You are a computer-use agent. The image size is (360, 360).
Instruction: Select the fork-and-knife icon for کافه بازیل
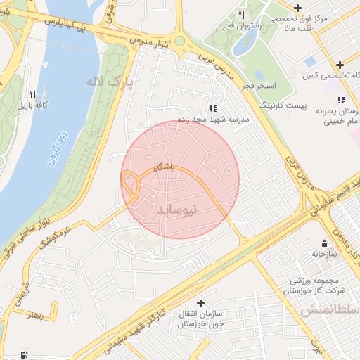coord(32,94)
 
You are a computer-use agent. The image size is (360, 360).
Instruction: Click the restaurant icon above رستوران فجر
coord(241,15)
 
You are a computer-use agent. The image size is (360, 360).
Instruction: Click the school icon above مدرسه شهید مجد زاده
coord(213,108)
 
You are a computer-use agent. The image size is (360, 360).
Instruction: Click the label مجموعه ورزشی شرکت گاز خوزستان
coord(316,282)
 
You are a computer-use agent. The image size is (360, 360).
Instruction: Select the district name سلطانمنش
coord(330,310)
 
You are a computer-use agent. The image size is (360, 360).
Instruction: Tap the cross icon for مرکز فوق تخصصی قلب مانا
coord(298,8)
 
